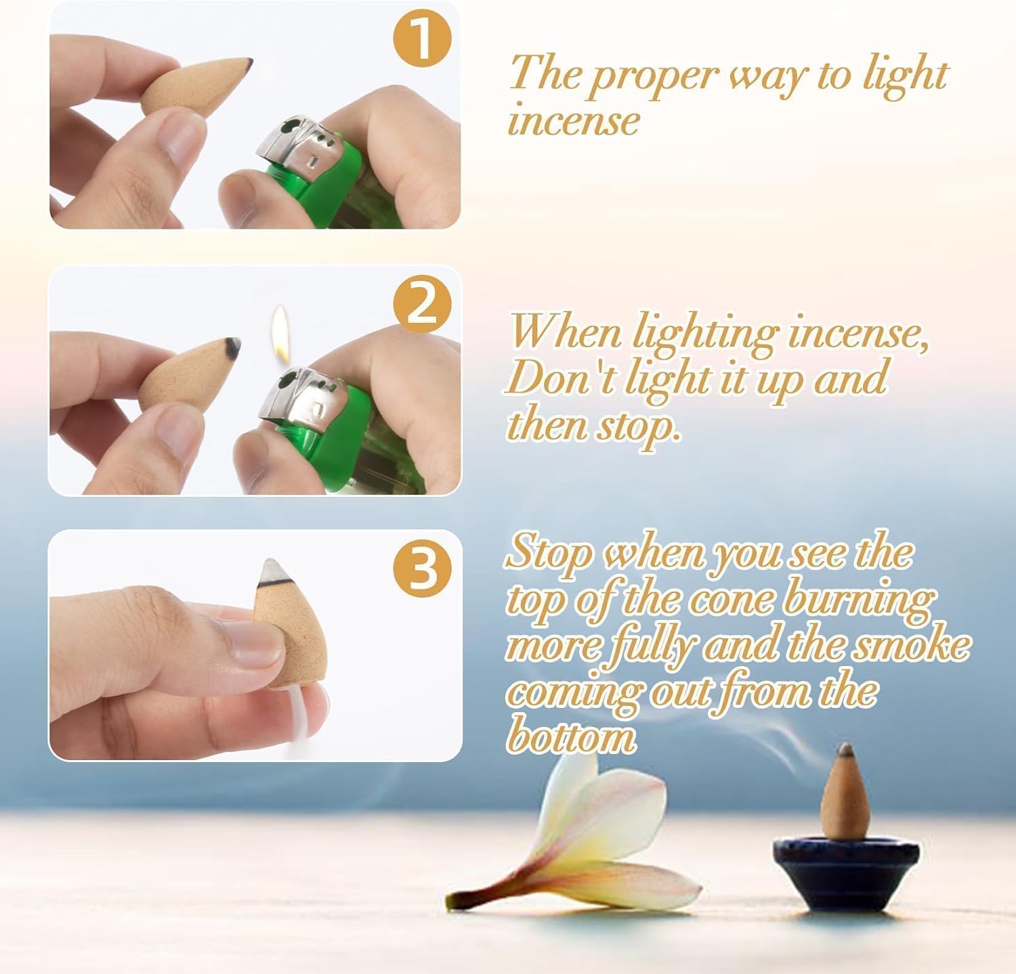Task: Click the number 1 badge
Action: pos(422,40)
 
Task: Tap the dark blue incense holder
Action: pos(846,869)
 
